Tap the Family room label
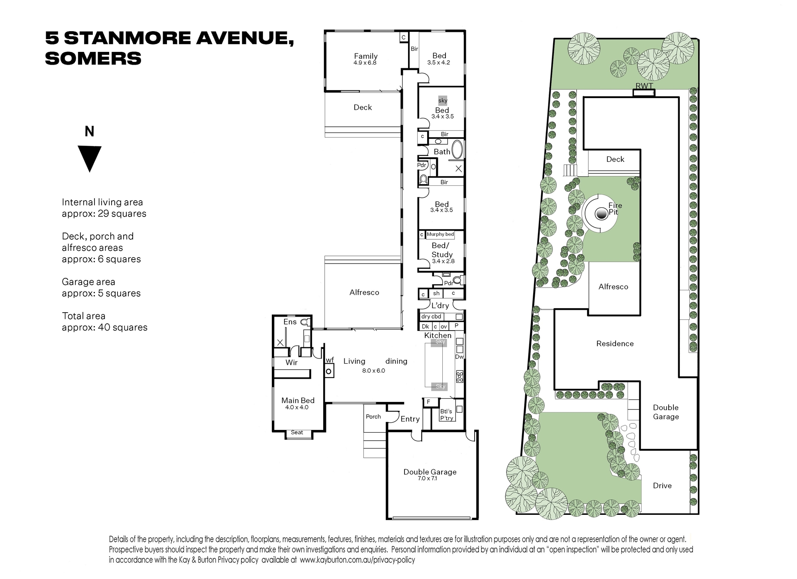366,56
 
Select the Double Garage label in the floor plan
430,472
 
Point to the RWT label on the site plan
644,86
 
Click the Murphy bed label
440,234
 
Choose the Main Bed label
298,400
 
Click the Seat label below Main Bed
297,432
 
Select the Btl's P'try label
446,415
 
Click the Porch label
373,416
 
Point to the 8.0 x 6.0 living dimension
373,370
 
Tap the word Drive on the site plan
662,485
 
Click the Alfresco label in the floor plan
364,292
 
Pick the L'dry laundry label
440,305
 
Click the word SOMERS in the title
93,59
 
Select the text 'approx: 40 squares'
104,327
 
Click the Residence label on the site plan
615,343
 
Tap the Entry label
410,419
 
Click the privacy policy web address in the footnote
357,560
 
